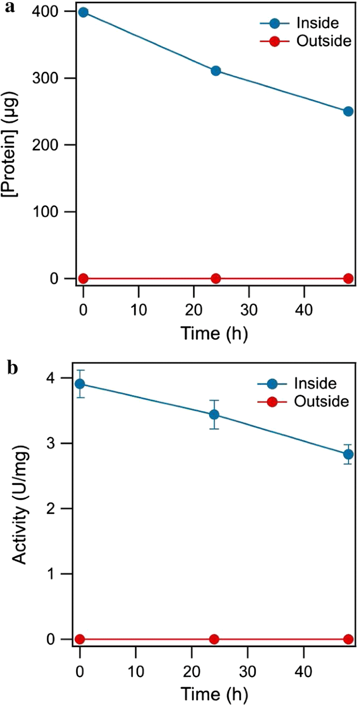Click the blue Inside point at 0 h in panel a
[x=83, y=12]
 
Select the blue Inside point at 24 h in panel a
[x=215, y=71]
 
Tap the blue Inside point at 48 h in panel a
[x=348, y=111]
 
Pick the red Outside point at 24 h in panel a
[x=215, y=278]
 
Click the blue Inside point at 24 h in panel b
[x=214, y=414]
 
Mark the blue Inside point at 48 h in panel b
[x=348, y=454]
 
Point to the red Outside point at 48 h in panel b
[x=348, y=639]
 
